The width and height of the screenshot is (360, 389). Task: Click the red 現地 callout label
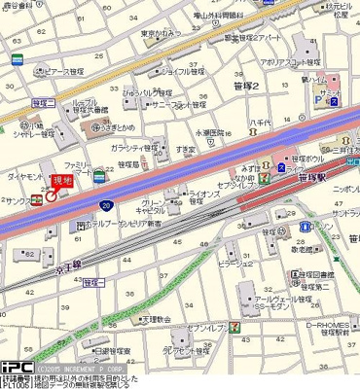[63, 180]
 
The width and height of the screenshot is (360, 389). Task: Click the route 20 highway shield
[114, 207]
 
